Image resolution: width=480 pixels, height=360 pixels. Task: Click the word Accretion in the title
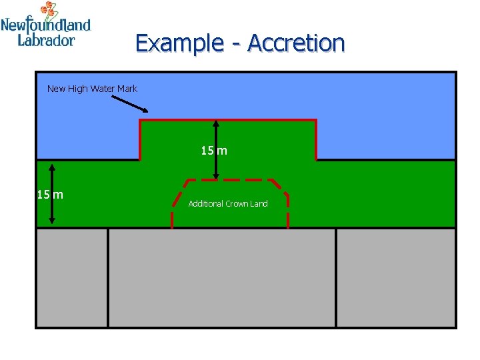tap(296, 43)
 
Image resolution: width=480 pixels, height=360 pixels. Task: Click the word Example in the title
tap(179, 43)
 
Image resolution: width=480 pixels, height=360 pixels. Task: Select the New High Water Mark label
tap(92, 89)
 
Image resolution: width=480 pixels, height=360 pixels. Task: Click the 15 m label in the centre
tap(214, 151)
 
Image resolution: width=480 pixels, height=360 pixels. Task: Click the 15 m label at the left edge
tap(50, 195)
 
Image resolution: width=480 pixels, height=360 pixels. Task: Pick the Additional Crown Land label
tap(228, 204)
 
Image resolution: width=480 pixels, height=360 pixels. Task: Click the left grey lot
tap(72, 277)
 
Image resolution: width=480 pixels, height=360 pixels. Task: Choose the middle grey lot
tap(222, 277)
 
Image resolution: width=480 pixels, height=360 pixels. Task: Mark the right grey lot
tap(396, 277)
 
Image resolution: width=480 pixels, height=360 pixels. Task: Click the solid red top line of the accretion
tap(227, 120)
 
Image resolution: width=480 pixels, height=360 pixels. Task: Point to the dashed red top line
tap(227, 180)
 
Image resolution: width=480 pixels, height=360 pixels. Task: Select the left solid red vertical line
tap(139, 140)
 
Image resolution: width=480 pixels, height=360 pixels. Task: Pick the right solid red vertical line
tap(316, 140)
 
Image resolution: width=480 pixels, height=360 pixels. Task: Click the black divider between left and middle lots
tap(108, 277)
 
